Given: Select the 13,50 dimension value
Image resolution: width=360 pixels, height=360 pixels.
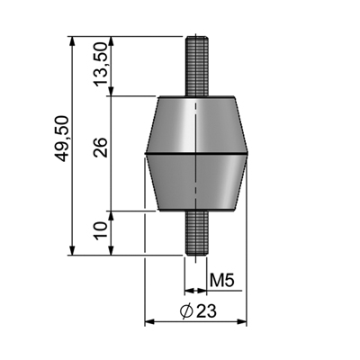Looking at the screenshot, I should (x=101, y=67).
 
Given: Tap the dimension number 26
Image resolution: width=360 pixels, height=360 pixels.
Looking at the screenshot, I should (x=101, y=150).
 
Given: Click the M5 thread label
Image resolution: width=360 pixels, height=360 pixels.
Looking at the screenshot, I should (x=222, y=282).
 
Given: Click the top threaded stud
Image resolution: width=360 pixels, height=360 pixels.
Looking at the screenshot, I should (x=195, y=66).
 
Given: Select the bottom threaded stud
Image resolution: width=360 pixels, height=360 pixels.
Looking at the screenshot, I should (x=195, y=235).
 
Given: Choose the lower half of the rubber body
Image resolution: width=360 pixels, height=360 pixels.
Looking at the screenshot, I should (x=195, y=184).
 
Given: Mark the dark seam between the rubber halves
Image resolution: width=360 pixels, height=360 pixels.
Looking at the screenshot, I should (x=195, y=155).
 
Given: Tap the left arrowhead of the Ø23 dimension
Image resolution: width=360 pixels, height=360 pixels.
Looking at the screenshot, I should (x=149, y=321).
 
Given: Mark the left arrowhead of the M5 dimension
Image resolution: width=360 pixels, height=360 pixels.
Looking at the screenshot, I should (x=187, y=291).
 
